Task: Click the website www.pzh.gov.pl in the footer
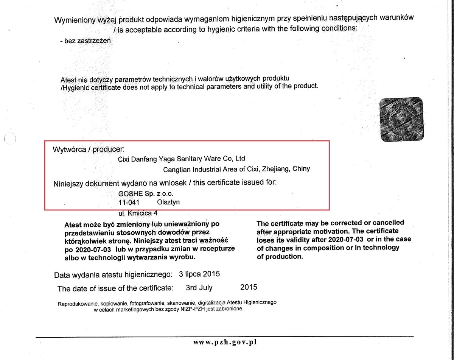tap(225, 342)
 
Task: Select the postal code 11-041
tap(129, 202)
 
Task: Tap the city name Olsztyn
tap(168, 202)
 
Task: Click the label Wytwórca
tap(68, 149)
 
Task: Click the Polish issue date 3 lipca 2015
tap(199, 274)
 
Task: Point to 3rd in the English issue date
tap(191, 288)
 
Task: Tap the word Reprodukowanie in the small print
tap(78, 303)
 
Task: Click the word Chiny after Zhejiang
tap(301, 169)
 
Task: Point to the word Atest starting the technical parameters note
tap(68, 80)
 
